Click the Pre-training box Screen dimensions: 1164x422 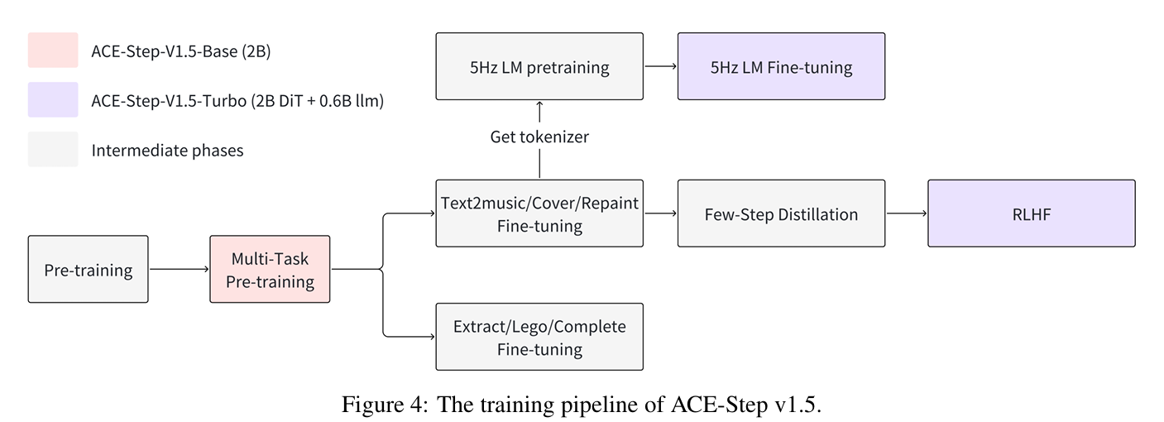pos(89,269)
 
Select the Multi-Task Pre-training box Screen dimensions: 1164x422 pos(270,269)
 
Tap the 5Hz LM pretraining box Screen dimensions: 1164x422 pos(539,66)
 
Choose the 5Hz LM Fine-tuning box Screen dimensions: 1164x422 pos(781,66)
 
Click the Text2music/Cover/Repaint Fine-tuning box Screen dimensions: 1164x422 pos(539,213)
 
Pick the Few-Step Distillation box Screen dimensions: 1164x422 pos(781,213)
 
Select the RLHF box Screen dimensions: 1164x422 pos(1032,213)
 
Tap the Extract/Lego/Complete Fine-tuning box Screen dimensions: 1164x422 pos(539,337)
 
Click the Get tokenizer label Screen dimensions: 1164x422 pos(539,137)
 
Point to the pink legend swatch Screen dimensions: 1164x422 pos(53,50)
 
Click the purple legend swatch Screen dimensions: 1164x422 pos(53,100)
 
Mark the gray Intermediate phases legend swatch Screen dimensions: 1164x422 pos(53,150)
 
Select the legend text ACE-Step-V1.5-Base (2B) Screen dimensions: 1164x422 pos(181,51)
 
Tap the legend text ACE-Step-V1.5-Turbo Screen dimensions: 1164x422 pos(169,101)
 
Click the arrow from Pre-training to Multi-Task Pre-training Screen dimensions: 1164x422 pos(180,269)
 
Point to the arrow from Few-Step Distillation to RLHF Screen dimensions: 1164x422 pos(907,213)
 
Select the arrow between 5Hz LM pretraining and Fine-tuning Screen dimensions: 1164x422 pos(660,66)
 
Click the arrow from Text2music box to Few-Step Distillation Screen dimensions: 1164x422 pos(660,213)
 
